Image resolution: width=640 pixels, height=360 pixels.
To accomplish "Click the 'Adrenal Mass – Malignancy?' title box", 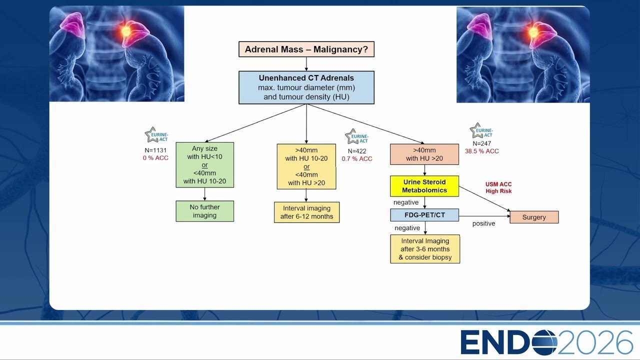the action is (x=306, y=49).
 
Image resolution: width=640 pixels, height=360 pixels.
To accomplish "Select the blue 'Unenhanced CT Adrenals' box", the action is (x=306, y=87).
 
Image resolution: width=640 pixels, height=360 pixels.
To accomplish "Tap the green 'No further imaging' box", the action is (x=204, y=211).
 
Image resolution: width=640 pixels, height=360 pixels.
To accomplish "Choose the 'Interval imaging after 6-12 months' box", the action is (x=306, y=212).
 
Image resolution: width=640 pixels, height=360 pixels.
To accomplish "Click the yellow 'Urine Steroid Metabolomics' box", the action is (x=424, y=186).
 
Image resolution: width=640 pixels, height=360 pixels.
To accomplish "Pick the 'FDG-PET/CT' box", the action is (x=424, y=215).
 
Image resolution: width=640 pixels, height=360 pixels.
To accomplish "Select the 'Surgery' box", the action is (x=534, y=217).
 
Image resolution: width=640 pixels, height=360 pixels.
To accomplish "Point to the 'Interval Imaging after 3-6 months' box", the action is (x=425, y=249).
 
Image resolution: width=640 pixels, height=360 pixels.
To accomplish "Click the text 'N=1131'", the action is (x=155, y=150).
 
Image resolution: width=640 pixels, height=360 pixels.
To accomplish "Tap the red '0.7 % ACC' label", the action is (x=357, y=159).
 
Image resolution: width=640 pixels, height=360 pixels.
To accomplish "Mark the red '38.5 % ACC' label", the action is (x=481, y=151).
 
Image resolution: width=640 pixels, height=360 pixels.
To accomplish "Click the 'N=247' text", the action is (x=481, y=143).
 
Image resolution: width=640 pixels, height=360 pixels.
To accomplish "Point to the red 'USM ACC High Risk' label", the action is (x=498, y=187).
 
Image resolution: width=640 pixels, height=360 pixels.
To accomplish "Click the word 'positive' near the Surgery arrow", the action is (x=483, y=223).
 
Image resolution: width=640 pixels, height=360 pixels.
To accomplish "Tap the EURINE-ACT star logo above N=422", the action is (x=356, y=137).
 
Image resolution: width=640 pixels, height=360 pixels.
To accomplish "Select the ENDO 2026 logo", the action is (x=546, y=342).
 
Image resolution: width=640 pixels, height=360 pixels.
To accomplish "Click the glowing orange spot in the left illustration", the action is (x=125, y=31).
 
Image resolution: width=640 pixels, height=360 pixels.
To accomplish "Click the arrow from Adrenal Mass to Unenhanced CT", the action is (x=306, y=64).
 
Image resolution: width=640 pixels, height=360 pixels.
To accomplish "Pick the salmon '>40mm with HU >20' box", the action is (x=424, y=154).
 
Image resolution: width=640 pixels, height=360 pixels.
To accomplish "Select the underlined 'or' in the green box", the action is (x=204, y=165).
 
